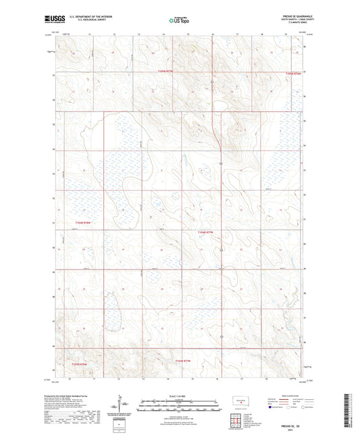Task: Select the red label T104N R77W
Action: pyautogui.click(x=205, y=232)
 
